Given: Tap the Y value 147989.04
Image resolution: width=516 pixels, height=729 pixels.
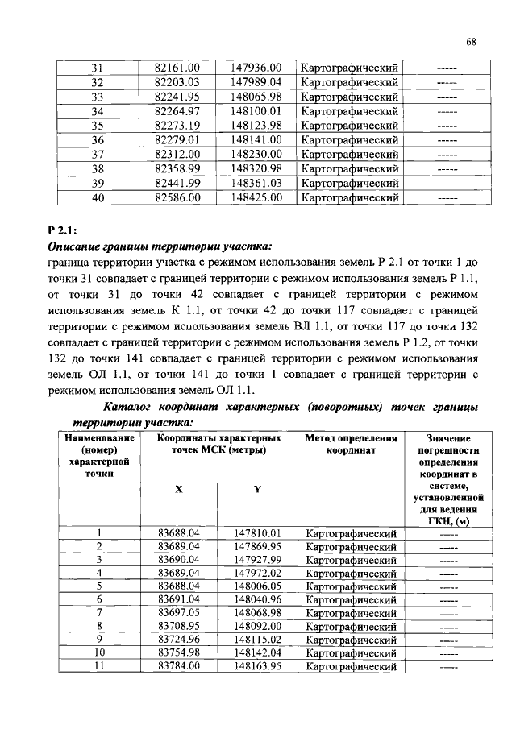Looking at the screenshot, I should click(256, 82).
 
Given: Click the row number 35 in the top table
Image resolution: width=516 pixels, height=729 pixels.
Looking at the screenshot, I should click(98, 126).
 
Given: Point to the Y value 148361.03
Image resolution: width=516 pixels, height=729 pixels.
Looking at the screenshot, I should click(256, 183).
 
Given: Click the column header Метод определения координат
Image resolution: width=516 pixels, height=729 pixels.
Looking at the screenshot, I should click(351, 445).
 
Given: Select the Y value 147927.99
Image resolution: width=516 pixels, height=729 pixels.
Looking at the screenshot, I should click(257, 560).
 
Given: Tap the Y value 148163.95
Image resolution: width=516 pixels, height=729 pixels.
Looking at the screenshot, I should click(257, 666).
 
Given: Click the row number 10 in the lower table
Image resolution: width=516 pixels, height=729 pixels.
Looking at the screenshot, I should click(99, 652).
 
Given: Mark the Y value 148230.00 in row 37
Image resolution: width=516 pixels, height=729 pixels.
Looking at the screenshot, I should click(256, 155).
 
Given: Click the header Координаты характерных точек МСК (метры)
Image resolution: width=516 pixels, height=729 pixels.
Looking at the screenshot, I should click(218, 445).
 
